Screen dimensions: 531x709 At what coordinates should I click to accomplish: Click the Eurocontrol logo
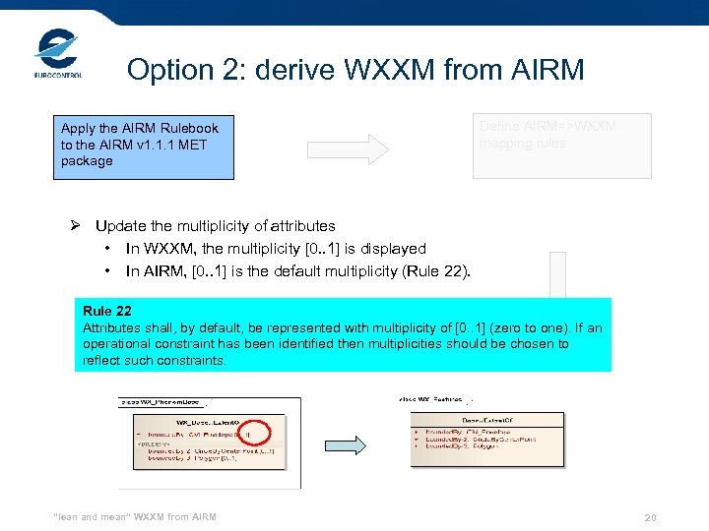(x=58, y=55)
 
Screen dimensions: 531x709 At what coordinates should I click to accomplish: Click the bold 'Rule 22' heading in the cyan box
(x=107, y=311)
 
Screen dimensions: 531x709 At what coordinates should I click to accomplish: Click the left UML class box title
(x=203, y=420)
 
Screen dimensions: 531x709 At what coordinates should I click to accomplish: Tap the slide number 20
(x=650, y=517)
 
